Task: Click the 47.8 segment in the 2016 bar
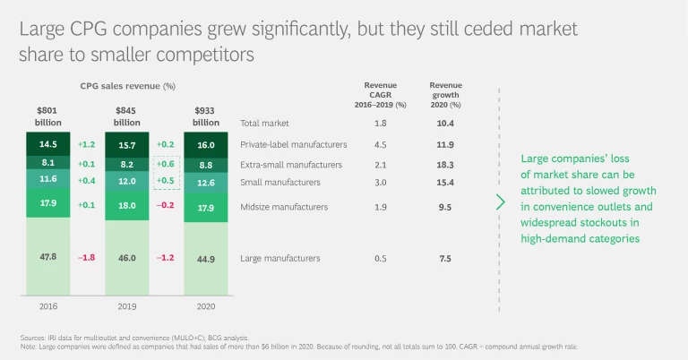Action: click(x=47, y=258)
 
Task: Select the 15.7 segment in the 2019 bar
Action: click(x=127, y=144)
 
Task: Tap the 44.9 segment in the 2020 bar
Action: click(x=206, y=258)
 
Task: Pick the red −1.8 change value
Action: click(x=86, y=258)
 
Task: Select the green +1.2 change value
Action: click(x=87, y=143)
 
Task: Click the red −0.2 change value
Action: click(x=166, y=204)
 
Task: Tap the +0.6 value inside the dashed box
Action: click(x=166, y=164)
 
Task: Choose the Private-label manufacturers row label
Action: click(x=292, y=143)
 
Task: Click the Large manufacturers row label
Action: click(x=280, y=258)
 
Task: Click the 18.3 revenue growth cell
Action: click(x=445, y=165)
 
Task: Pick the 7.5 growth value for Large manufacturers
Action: click(x=445, y=258)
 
